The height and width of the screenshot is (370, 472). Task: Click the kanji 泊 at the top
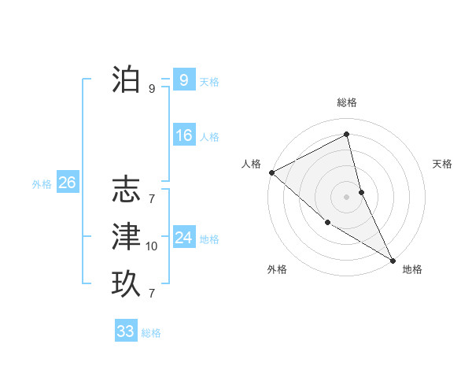pos(126,80)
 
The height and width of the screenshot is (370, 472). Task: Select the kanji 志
pos(126,191)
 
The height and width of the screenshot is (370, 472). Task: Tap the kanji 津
pos(126,237)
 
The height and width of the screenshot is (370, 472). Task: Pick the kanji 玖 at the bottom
pos(126,283)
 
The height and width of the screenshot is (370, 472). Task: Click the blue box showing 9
pos(183,80)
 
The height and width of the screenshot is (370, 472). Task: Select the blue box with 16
pos(183,135)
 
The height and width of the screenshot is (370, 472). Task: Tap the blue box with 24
pos(183,237)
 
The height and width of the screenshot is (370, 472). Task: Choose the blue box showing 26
pos(67,183)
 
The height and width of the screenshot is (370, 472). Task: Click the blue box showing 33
pos(126,331)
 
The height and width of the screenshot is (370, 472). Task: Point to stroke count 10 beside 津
pos(152,247)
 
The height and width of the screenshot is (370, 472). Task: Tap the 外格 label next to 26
pos(42,184)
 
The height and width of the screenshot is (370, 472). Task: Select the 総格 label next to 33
pos(152,333)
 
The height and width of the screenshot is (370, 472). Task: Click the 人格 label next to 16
pos(209,137)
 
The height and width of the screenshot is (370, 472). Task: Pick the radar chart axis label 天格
pos(443,164)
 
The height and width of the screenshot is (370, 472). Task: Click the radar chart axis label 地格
pos(412,269)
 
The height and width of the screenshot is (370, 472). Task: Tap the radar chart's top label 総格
pos(347,102)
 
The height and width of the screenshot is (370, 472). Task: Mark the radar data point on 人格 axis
pos(271,172)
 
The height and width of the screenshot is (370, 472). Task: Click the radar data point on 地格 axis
pos(392,259)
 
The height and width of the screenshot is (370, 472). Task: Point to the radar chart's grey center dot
pos(347,196)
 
